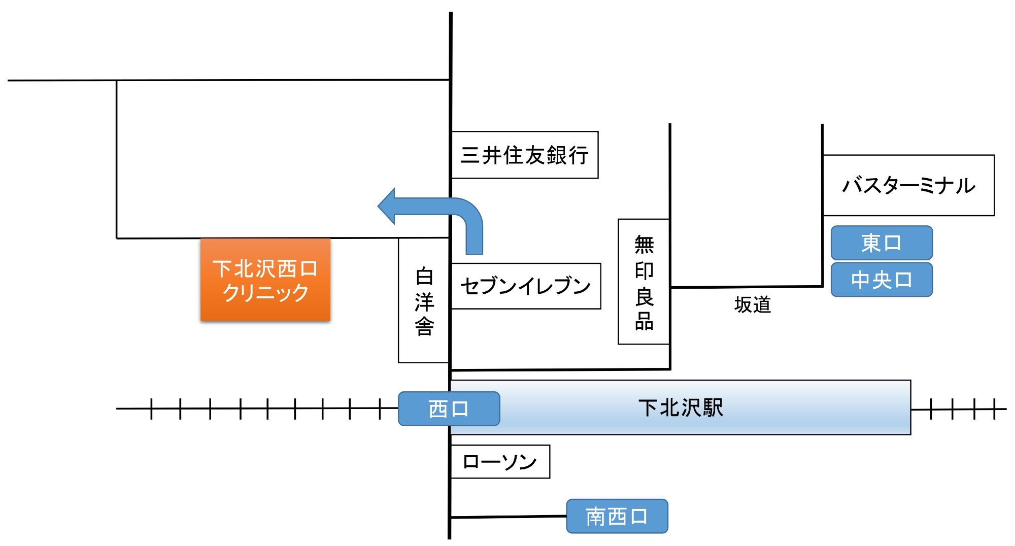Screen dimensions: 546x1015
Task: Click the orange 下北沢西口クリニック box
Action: coord(265,280)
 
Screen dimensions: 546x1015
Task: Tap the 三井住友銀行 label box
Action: coord(524,155)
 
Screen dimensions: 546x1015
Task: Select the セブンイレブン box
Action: coord(525,286)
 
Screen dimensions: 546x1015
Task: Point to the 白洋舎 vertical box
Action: coord(424,301)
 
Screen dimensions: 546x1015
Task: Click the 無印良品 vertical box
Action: coord(644,282)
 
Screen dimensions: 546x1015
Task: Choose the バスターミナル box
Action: coord(908,185)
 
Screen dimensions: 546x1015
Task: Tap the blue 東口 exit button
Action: coord(882,243)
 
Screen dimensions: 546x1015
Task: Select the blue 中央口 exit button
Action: coord(882,280)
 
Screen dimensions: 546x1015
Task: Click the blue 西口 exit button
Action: coord(449,408)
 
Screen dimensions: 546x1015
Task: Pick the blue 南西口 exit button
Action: coord(617,517)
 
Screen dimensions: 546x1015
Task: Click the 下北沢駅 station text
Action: coord(681,407)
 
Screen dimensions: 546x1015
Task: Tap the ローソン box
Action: coord(500,462)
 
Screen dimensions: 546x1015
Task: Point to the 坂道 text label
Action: coord(753,305)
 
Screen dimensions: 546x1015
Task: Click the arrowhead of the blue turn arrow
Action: coord(388,206)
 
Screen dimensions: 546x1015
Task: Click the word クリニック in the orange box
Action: coord(265,293)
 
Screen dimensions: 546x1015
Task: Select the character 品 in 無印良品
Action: coord(644,321)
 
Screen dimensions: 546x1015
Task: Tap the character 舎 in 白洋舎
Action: coord(424,326)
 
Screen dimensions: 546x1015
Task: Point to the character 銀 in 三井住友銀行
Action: coord(557,155)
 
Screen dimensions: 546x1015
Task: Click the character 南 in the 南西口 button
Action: coord(596,517)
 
